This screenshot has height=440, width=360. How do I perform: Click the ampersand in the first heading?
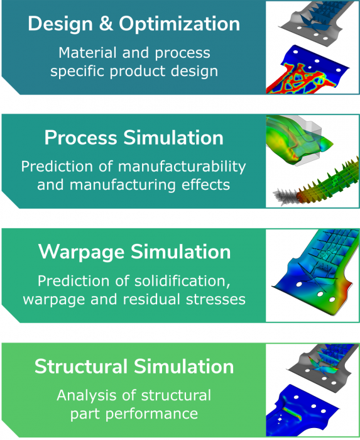(x=106, y=24)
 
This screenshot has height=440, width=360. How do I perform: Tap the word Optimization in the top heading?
(x=180, y=24)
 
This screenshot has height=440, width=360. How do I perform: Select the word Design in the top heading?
(x=60, y=25)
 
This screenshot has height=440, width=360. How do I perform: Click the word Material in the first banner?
(x=87, y=52)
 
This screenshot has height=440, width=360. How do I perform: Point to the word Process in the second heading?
(x=81, y=138)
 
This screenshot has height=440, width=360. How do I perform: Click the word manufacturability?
(x=182, y=167)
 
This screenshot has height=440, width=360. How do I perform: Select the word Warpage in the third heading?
(x=81, y=253)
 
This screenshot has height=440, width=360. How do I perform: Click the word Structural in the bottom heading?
(x=81, y=366)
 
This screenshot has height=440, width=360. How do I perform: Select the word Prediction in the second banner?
(x=57, y=167)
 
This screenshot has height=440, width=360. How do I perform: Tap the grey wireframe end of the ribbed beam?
(x=285, y=197)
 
